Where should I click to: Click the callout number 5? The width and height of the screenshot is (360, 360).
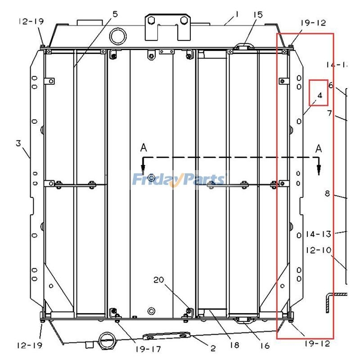pyautogui.click(x=115, y=14)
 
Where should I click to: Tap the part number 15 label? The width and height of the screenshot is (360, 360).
pyautogui.click(x=257, y=15)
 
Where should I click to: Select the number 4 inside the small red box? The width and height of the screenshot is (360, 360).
pyautogui.click(x=319, y=95)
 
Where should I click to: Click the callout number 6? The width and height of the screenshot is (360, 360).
pyautogui.click(x=330, y=85)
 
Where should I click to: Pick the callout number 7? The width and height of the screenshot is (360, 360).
pyautogui.click(x=329, y=113)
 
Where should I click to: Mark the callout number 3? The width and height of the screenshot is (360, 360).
pyautogui.click(x=18, y=144)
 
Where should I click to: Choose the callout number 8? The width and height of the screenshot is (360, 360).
pyautogui.click(x=328, y=193)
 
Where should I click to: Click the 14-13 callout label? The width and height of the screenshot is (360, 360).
pyautogui.click(x=318, y=234)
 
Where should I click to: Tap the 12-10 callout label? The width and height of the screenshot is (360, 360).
pyautogui.click(x=318, y=249)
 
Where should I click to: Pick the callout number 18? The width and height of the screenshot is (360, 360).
pyautogui.click(x=234, y=345)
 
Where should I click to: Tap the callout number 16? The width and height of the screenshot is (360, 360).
pyautogui.click(x=265, y=346)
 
